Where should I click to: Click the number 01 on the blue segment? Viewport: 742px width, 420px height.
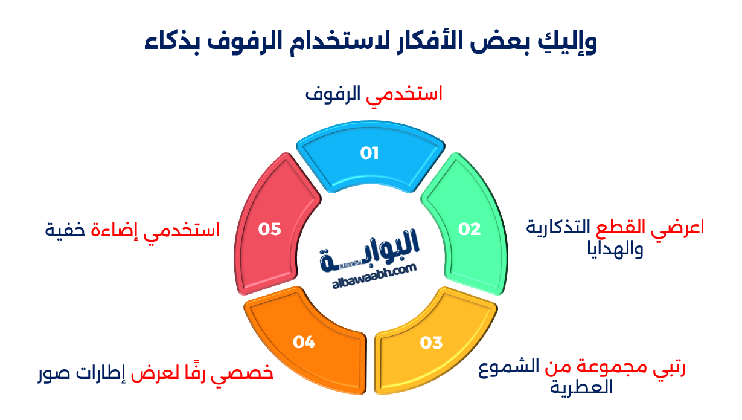[x=369, y=153]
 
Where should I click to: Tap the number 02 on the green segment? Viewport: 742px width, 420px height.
[x=469, y=229]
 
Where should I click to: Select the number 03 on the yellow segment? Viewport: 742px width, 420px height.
[x=432, y=343]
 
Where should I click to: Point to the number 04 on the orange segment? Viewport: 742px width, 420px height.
[x=304, y=343]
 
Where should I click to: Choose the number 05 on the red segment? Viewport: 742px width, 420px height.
[x=270, y=229]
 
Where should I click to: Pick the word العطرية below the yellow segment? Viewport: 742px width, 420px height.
[x=581, y=387]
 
